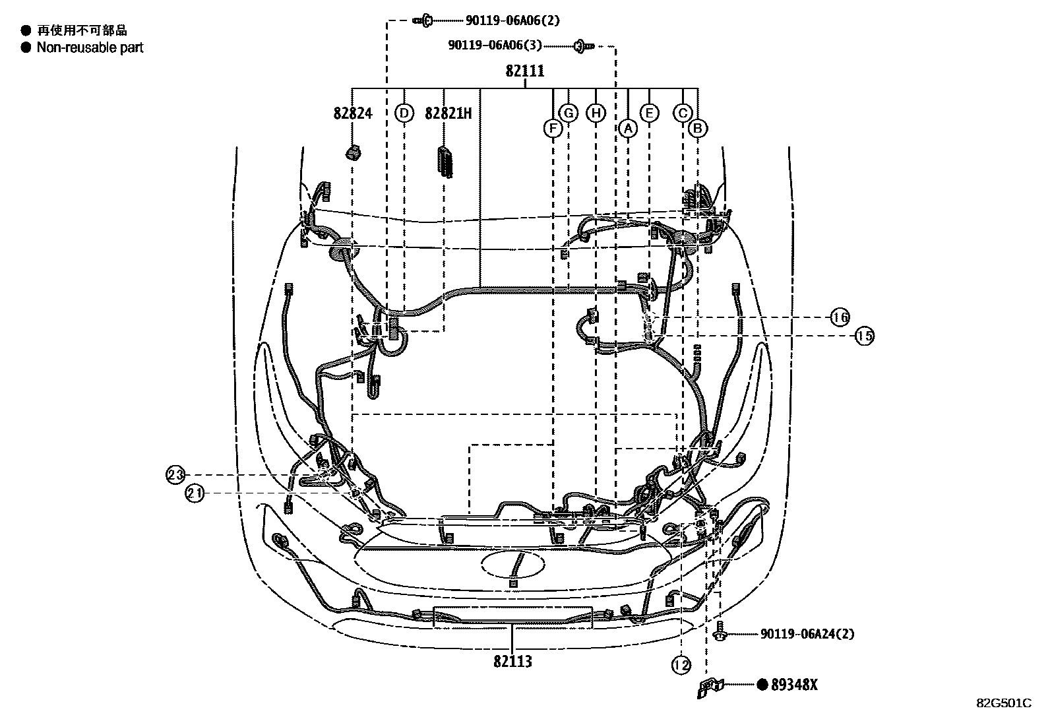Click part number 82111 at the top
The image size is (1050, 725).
(x=525, y=71)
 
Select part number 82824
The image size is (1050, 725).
(x=352, y=113)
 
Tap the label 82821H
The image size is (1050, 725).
(x=448, y=113)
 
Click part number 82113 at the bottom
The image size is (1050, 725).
(x=512, y=662)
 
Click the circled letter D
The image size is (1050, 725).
(x=404, y=113)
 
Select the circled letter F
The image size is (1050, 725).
(x=552, y=128)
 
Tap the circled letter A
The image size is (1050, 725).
(x=628, y=128)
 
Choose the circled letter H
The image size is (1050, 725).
(x=596, y=113)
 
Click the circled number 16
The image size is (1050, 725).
(x=840, y=317)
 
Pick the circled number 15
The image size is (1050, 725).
(x=864, y=336)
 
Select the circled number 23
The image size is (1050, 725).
(x=175, y=474)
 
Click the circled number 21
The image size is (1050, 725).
(x=194, y=493)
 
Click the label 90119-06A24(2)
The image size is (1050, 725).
(x=807, y=634)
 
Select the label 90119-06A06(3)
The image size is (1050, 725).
(x=495, y=45)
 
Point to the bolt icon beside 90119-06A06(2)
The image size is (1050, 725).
(x=422, y=20)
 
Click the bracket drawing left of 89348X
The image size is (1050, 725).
(x=710, y=687)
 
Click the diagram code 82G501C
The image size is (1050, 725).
(x=1004, y=703)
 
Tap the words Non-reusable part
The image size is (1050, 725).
(x=90, y=47)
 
